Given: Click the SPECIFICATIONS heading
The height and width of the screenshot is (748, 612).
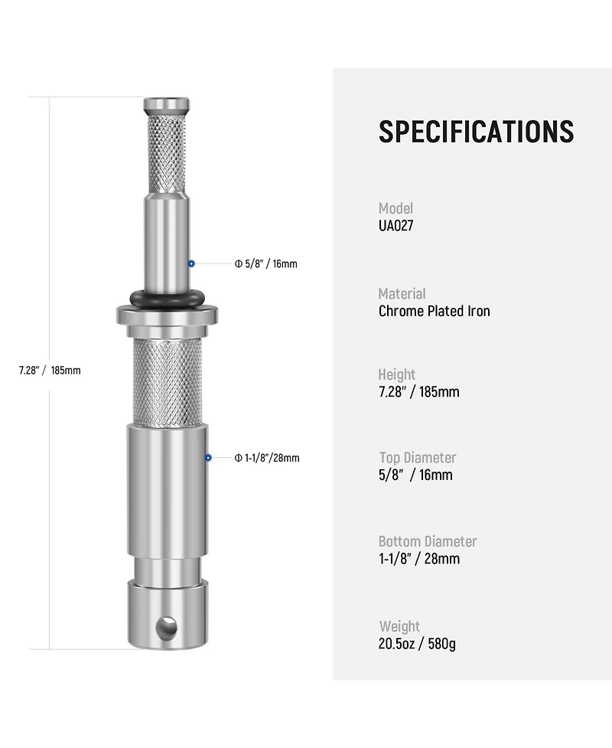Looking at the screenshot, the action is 476,131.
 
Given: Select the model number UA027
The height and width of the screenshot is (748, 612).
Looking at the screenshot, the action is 396,226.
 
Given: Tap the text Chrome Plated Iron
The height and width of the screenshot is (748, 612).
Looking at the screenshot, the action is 435,311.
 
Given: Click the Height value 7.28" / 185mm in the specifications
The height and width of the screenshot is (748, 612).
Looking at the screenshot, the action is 419,392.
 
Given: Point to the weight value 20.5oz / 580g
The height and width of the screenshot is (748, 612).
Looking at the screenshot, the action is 417,644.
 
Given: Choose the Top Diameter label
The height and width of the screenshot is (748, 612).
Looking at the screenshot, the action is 418,458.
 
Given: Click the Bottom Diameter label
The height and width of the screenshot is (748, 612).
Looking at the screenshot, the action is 428,541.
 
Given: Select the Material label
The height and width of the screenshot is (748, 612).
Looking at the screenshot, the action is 402,293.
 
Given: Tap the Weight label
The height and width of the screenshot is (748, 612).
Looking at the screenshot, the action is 399,626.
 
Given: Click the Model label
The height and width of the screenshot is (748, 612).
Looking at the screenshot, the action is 396,208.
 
